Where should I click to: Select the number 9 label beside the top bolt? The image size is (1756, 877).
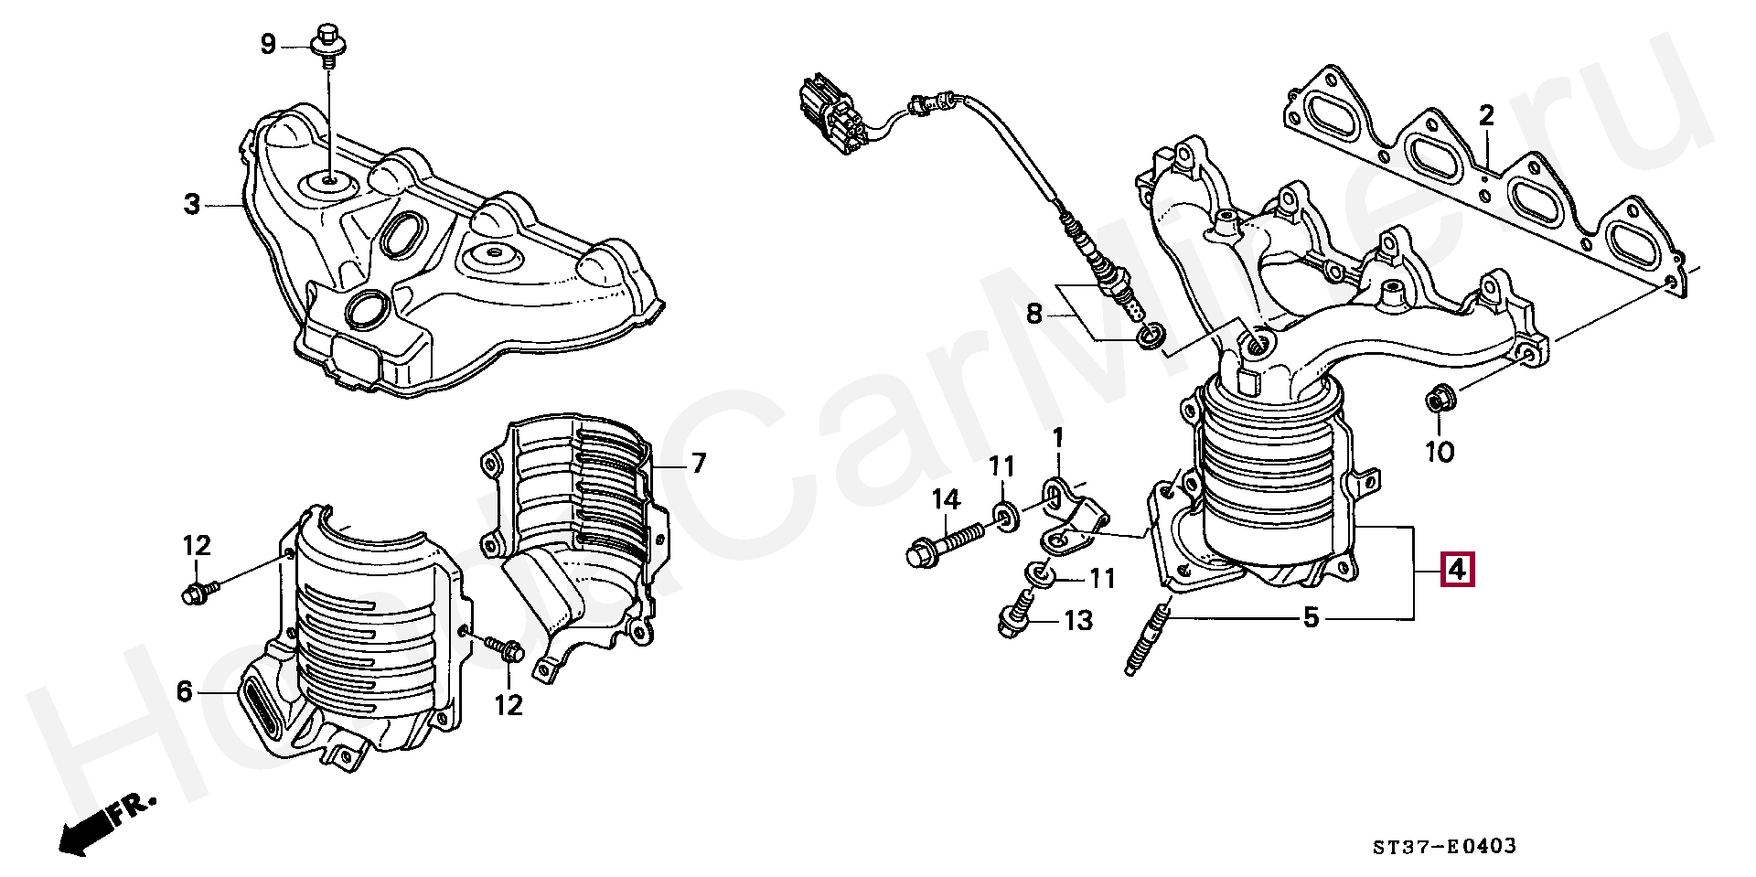268,44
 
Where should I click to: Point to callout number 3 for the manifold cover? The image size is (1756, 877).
191,204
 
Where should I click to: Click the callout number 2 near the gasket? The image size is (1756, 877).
1486,116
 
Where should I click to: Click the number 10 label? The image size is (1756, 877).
1440,451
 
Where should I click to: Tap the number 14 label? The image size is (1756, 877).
947,499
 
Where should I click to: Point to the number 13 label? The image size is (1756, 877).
1079,621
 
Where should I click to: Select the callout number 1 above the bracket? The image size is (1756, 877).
1058,438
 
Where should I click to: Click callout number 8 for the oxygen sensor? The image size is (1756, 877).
1033,315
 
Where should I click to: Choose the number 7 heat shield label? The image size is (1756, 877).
699,464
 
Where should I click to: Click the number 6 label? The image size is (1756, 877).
185,692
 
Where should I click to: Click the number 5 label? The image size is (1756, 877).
1312,619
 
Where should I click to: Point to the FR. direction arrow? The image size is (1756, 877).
101,825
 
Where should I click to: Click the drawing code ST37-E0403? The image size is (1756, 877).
1444,846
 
